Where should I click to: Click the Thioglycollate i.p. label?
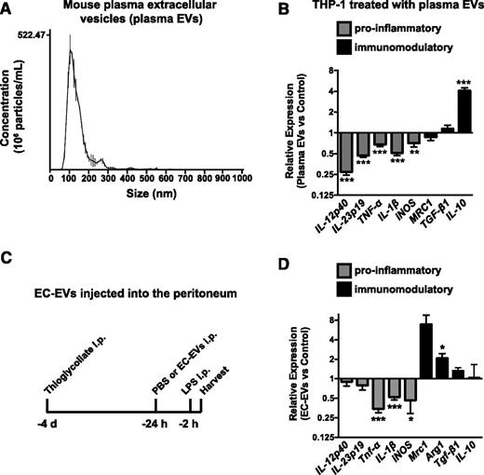pyautogui.click(x=67, y=369)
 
